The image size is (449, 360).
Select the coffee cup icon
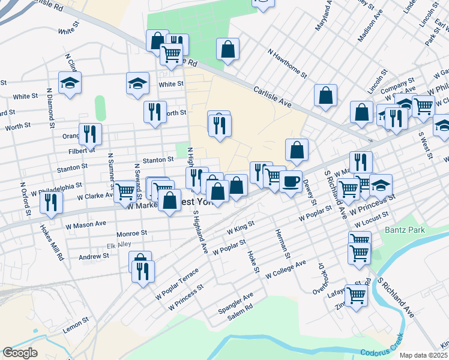pyautogui.click(x=291, y=181)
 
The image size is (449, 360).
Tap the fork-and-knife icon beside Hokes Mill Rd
pyautogui.click(x=51, y=202)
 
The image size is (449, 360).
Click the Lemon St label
pyautogui.click(x=76, y=325)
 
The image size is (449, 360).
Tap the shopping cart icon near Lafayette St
pyautogui.click(x=356, y=295)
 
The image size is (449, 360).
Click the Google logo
pyautogui.click(x=19, y=353)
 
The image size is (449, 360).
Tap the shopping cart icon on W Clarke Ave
pyautogui.click(x=125, y=191)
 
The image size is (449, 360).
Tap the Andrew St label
pyautogui.click(x=94, y=256)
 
